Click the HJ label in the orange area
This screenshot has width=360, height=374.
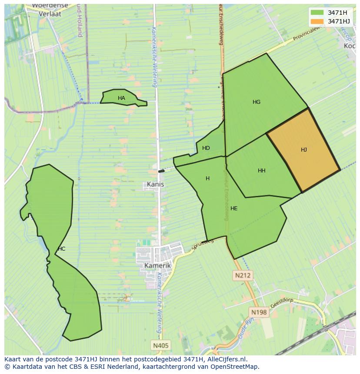(304, 150)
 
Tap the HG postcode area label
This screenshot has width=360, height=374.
(257, 102)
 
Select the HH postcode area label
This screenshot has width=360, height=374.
(261, 171)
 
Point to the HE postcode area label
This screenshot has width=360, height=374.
(234, 209)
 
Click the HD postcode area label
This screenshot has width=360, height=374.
(206, 148)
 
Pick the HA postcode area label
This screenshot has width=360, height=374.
(121, 98)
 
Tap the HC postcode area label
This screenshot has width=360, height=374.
(61, 249)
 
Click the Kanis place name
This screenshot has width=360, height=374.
(155, 184)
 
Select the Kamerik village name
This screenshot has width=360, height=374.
(157, 265)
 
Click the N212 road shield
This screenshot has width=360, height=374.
(243, 275)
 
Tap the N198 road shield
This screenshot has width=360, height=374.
(259, 312)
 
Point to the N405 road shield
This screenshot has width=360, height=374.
(161, 346)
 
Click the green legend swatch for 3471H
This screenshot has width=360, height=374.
(317, 13)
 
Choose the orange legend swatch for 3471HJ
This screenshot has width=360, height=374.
(317, 21)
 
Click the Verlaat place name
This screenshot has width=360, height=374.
(50, 13)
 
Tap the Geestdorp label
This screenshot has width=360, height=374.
(282, 302)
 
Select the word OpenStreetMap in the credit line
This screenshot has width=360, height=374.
(235, 367)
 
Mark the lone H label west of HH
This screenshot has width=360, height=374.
(207, 179)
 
